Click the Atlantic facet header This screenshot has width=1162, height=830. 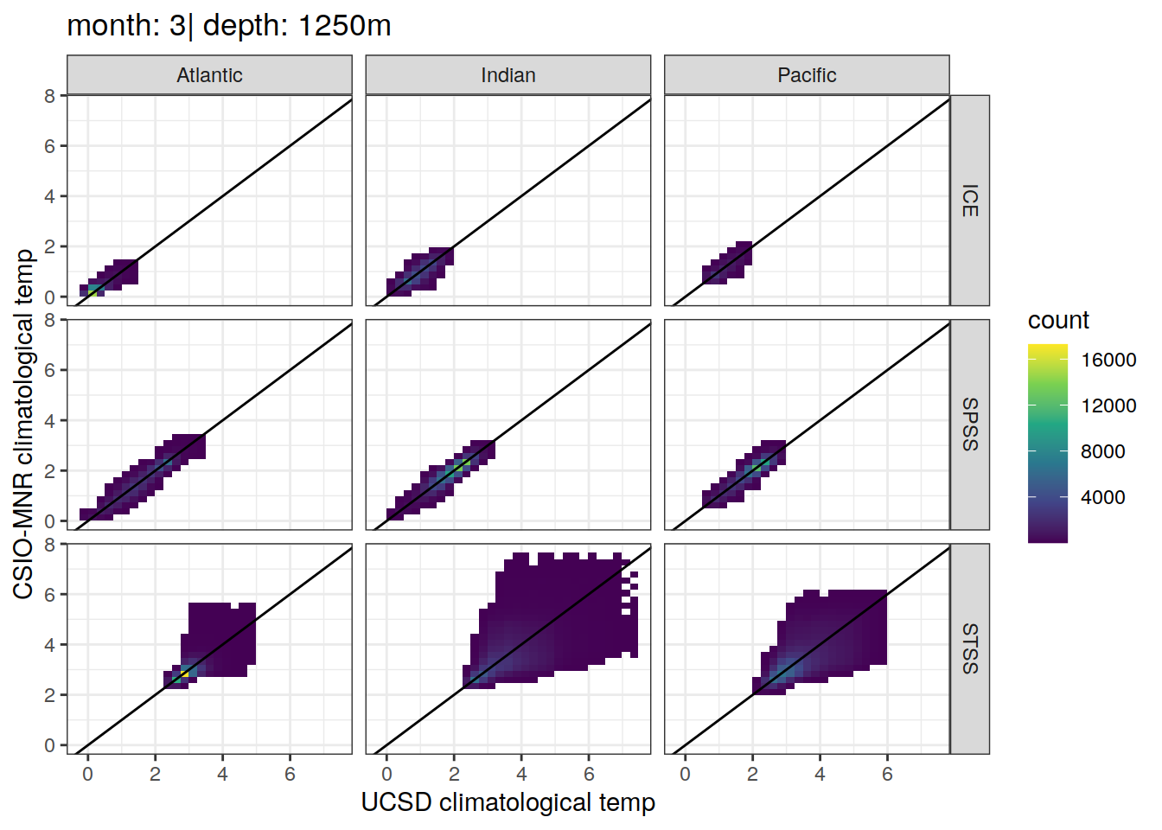click(209, 75)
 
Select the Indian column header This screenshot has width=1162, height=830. click(508, 75)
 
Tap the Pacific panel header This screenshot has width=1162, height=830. click(808, 75)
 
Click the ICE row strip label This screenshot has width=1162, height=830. click(970, 201)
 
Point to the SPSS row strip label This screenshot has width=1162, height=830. click(970, 425)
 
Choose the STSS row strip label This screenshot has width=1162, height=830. click(970, 648)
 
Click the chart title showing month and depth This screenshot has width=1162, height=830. click(229, 25)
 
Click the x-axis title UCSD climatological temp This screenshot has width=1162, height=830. click(508, 802)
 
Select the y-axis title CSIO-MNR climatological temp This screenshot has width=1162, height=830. click(23, 425)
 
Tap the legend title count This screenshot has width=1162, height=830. click(1058, 320)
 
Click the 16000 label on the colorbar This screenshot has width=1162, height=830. click(1108, 360)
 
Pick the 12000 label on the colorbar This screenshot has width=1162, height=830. click(1108, 405)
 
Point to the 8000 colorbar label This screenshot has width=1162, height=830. click(1103, 451)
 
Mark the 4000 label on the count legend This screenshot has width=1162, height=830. click(1103, 497)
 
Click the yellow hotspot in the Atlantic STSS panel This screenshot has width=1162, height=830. click(184, 674)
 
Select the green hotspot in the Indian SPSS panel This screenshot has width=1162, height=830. click(458, 468)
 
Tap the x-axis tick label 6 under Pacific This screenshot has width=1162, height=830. click(887, 775)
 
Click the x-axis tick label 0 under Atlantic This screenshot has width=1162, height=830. click(87, 775)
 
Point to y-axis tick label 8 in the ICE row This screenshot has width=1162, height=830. click(49, 96)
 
